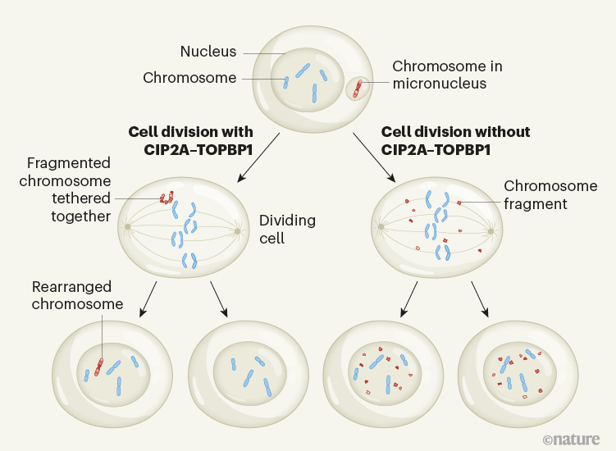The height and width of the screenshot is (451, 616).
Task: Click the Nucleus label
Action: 208,52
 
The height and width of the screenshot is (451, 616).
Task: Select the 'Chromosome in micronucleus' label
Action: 447,75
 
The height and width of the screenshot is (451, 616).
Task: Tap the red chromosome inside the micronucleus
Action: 357,88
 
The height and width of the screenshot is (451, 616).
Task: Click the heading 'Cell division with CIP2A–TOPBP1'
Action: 190,141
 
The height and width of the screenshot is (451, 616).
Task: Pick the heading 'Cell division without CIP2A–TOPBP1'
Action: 455,141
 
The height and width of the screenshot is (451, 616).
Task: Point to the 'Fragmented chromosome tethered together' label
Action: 68,189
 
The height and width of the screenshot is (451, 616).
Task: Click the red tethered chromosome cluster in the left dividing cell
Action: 167,198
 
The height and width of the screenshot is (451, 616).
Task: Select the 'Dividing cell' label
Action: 287,229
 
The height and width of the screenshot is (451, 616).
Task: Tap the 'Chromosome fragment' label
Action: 535,194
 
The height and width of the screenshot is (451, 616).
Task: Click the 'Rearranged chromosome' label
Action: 77,296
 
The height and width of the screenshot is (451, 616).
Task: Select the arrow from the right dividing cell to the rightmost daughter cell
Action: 480,299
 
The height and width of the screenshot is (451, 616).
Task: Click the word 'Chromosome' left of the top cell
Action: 189,79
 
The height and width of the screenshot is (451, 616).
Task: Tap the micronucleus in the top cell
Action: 358,88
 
